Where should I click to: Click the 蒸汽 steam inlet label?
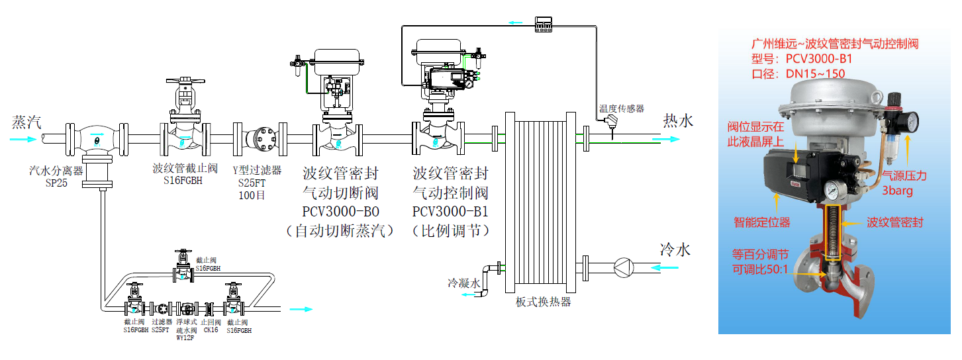click(26, 122)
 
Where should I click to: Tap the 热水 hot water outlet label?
click(678, 120)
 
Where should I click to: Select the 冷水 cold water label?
click(675, 249)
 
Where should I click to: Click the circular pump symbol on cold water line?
click(622, 267)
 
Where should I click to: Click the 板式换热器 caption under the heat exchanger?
click(543, 302)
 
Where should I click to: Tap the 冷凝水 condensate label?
click(463, 283)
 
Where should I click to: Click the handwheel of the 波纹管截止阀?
click(185, 81)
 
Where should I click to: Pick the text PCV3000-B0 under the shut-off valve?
click(340, 212)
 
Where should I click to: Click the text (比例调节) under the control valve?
click(450, 231)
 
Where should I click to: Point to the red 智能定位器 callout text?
click(761, 222)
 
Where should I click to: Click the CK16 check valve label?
click(210, 330)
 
